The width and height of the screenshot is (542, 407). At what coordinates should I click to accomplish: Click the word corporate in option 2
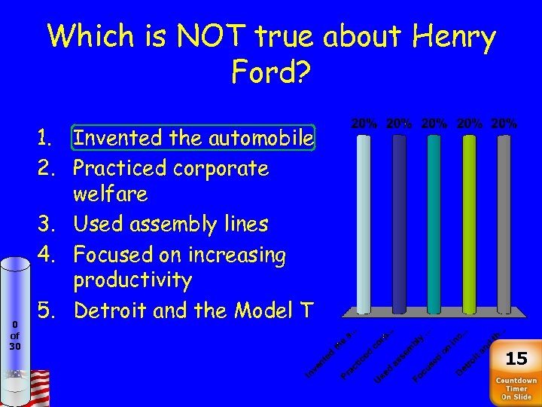point(221,167)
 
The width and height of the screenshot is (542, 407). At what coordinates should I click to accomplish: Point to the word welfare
point(110,194)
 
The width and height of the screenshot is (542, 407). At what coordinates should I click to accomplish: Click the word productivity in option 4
point(132,280)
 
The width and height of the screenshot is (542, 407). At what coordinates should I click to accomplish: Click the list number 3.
point(47,224)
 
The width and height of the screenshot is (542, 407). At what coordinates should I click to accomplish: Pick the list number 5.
point(47,310)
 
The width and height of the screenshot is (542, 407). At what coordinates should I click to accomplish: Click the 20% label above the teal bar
point(434,123)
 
